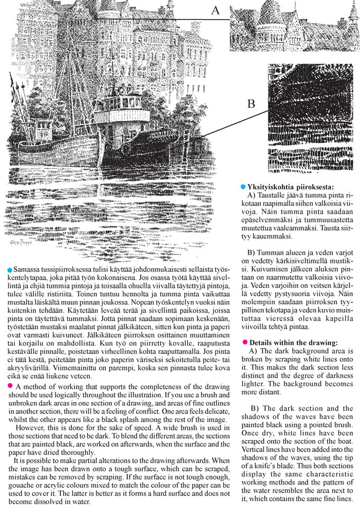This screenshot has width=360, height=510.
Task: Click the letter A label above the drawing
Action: click(215, 10)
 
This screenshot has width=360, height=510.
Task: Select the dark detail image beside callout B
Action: click(308, 117)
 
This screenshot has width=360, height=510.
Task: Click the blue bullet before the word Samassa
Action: click(10, 270)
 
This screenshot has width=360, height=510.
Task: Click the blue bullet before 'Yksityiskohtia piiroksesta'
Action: click(243, 187)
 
